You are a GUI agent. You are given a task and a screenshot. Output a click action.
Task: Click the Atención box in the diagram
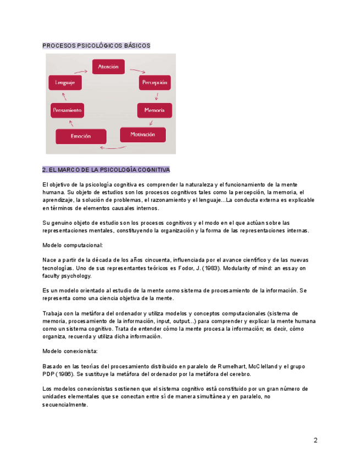tap(108, 66)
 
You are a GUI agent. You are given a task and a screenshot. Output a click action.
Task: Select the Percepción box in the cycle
tap(154, 82)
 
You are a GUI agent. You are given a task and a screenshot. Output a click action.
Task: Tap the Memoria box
tap(154, 110)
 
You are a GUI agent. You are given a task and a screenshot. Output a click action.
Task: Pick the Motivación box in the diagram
tap(142, 135)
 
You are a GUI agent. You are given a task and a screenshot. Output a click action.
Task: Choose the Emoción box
tap(81, 136)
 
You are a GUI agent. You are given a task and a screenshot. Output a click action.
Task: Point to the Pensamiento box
tap(68, 110)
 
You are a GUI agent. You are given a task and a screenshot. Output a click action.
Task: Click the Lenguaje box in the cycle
tap(65, 82)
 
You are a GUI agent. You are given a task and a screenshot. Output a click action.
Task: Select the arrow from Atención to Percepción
tap(137, 71)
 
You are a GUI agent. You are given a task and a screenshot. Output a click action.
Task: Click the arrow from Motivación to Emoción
tap(109, 147)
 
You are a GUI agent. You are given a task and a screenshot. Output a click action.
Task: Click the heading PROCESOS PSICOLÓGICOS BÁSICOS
tap(96, 46)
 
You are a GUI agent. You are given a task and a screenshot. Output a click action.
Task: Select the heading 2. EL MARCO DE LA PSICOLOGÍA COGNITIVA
tap(106, 169)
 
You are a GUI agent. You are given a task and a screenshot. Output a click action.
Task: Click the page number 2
tap(315, 440)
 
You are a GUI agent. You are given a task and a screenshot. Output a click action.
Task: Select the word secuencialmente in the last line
tap(65, 405)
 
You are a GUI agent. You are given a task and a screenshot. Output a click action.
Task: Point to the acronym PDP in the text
tap(49, 374)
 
